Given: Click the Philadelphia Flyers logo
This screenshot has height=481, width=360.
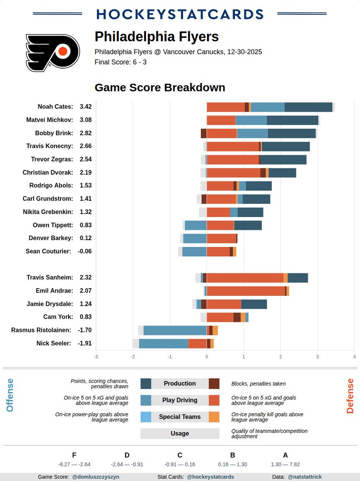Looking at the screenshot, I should click(53, 53).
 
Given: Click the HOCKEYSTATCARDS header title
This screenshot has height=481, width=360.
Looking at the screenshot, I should click(180, 14).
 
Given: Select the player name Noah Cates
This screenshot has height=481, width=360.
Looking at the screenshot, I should click(55, 107).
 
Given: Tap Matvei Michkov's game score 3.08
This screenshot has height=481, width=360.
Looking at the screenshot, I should click(85, 120).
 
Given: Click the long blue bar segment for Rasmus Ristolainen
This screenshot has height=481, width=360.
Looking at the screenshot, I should click(175, 330).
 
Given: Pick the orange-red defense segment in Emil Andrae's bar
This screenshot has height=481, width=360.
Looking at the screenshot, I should click(245, 291).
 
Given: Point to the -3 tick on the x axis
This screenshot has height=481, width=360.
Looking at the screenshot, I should click(95, 356).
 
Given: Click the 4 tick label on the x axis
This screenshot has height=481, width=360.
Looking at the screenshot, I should click(354, 356).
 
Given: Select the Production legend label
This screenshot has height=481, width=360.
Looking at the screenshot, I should click(180, 384).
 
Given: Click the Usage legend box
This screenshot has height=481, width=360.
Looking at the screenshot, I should click(180, 433).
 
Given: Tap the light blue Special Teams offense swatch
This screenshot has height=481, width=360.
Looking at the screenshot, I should click(146, 417).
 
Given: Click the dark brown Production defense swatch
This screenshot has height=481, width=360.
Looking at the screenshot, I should click(214, 384).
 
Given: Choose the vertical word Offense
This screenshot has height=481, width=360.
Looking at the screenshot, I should click(10, 395).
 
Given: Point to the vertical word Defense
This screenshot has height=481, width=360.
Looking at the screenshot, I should click(350, 396).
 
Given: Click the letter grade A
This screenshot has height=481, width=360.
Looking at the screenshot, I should click(285, 455).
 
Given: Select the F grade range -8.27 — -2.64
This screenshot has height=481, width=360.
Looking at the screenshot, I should click(74, 465).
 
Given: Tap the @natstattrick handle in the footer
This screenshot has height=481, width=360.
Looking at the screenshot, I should click(304, 477).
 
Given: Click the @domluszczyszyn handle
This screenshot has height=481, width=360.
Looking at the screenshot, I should click(95, 477).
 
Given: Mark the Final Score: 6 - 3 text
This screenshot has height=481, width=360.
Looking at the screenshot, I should click(120, 62).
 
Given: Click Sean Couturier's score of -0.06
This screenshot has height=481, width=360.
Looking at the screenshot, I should click(85, 251).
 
